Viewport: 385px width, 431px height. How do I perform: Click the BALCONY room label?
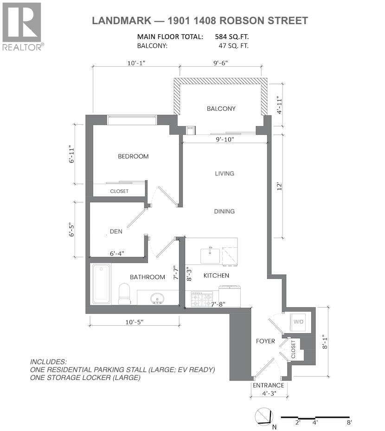[x=221, y=109]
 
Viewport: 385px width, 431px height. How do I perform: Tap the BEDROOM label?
[x=133, y=156]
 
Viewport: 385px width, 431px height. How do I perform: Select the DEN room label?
[x=116, y=231]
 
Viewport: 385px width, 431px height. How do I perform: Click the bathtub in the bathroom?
[x=101, y=283]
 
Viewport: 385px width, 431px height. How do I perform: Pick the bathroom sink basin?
[x=157, y=297]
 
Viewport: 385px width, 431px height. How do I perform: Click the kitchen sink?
[x=210, y=255]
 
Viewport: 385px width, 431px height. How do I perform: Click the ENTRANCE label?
[x=268, y=386]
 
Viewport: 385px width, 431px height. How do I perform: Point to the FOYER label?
[x=266, y=341]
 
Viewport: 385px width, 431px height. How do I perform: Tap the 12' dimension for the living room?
[x=278, y=185]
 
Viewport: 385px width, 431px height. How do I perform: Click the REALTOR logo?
[x=23, y=26]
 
